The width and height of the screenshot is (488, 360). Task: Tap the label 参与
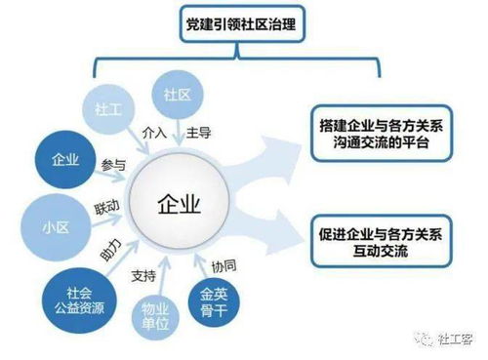[113, 166]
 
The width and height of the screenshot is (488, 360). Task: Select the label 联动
[106, 208]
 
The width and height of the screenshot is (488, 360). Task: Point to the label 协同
[224, 266]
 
